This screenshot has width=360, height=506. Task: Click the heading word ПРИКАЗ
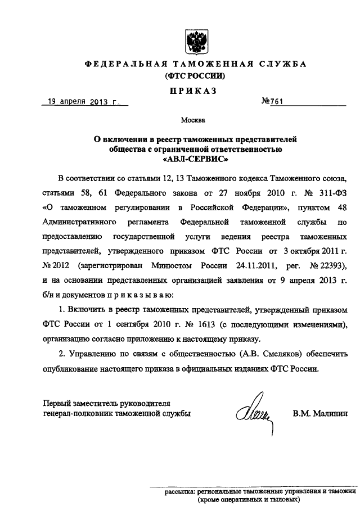195,91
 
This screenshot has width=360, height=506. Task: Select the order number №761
272,103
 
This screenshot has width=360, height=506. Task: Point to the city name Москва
195,120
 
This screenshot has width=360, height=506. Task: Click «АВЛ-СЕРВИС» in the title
195,159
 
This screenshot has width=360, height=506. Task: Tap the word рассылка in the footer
179,491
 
